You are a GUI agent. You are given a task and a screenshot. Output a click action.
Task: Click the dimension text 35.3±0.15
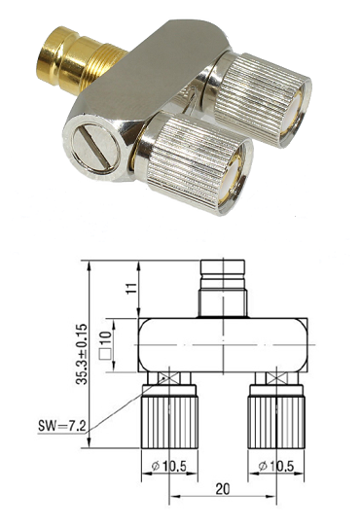pos(82,354)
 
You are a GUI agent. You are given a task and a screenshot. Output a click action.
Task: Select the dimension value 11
pos(132,288)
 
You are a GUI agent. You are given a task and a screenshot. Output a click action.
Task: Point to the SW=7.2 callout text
pos(62,427)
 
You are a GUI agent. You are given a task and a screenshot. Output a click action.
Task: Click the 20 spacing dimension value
pos(223,489)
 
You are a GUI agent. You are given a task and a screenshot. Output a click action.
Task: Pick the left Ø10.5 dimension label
pos(169,466)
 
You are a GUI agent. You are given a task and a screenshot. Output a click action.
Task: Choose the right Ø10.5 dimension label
pos(276,466)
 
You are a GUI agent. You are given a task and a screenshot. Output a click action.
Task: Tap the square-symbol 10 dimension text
pos(105,345)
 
